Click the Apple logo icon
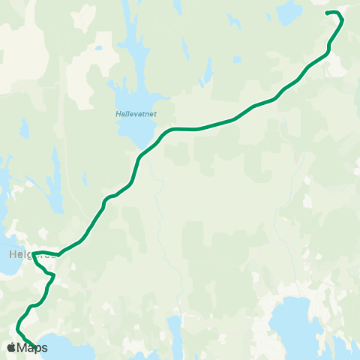(x=11, y=347)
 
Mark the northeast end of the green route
(x=326, y=13)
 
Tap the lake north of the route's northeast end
(x=289, y=12)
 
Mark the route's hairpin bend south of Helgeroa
(x=52, y=276)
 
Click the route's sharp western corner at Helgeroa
(x=34, y=253)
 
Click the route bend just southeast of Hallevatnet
(x=169, y=131)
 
